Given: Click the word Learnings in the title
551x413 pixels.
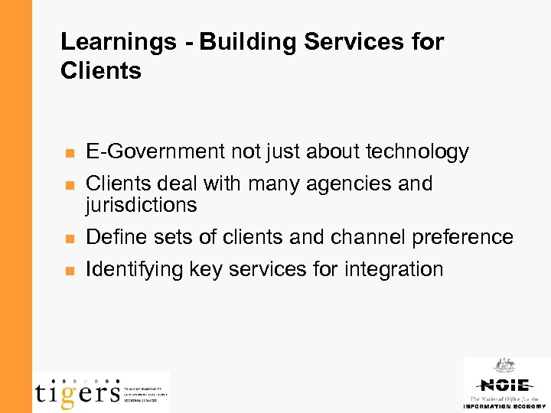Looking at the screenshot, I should [x=117, y=43].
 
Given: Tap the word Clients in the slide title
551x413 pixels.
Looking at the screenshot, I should [x=101, y=71].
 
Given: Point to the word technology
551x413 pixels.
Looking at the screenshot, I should [x=417, y=152].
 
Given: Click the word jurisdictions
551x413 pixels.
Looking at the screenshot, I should [x=142, y=205].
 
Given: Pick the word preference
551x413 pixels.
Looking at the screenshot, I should [x=462, y=238].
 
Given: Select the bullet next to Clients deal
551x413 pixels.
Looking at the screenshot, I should [x=69, y=185].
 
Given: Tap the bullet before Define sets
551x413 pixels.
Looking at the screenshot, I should [x=69, y=239].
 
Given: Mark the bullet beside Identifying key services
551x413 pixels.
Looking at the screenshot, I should [x=69, y=270].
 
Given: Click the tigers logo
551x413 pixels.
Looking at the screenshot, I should [x=77, y=392].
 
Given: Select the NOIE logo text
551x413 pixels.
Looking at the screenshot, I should [x=504, y=385].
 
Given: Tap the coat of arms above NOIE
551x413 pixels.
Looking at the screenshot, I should [x=504, y=366].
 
